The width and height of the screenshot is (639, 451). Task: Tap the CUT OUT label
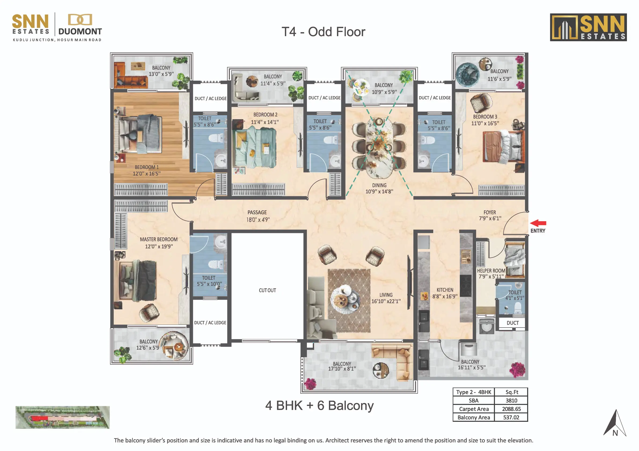click(267, 290)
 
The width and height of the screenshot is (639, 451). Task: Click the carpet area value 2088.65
click(511, 409)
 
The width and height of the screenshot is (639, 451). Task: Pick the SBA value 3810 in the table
click(511, 400)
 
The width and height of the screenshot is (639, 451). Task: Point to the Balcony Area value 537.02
click(511, 417)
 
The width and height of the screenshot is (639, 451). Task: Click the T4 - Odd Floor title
click(324, 32)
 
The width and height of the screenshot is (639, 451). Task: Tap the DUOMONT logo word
click(80, 31)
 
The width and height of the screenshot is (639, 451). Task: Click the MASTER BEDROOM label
click(159, 239)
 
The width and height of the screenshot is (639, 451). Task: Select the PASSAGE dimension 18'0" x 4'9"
click(258, 220)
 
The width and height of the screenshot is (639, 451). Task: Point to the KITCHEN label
click(445, 290)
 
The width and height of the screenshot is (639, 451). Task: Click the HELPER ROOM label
click(491, 271)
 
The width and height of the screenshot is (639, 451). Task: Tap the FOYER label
click(490, 212)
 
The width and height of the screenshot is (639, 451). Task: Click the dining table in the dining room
click(379, 147)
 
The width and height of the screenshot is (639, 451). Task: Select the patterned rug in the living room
click(349, 301)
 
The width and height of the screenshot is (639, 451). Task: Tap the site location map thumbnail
click(62, 417)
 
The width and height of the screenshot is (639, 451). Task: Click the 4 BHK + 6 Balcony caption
click(319, 405)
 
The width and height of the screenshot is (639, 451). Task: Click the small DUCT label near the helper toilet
click(512, 323)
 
